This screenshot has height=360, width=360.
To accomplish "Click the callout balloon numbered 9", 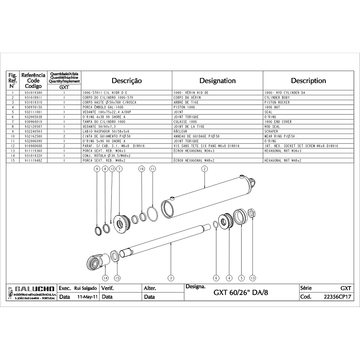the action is (97, 169).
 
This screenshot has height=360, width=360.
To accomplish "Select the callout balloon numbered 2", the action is (205, 169).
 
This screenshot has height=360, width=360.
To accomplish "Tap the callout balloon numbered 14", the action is (105, 278).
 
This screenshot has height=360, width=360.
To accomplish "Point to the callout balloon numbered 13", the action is (252, 278).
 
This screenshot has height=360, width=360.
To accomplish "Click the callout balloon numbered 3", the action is (171, 278).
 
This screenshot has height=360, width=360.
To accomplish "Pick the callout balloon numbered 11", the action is (153, 169).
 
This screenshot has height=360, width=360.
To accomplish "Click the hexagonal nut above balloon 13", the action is (252, 213).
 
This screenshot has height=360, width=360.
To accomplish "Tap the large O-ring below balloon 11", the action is (153, 214).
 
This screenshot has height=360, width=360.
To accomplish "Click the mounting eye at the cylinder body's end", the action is (252, 183).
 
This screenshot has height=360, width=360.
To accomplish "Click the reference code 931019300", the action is (33, 93).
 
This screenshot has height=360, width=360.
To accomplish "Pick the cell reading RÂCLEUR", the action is (180, 131).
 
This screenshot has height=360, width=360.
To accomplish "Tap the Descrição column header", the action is (127, 81).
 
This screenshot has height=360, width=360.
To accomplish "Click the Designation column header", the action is (217, 81).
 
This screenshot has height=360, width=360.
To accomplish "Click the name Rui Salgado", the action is (85, 288).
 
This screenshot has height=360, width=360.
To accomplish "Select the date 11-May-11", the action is (88, 297).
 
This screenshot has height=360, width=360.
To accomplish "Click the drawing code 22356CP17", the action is (337, 297).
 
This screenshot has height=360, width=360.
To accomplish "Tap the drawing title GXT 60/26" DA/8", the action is (240, 292).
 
